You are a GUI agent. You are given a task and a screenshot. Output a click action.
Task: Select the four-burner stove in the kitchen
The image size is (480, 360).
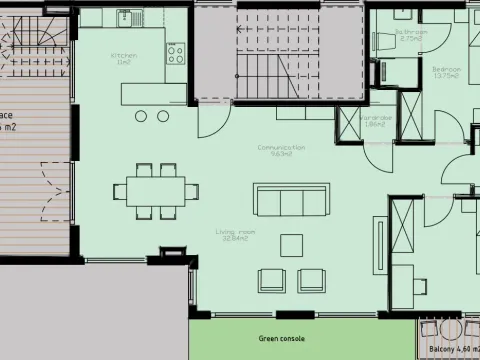[x=175, y=52]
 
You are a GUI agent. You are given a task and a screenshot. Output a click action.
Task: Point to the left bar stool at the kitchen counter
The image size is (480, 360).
[x=141, y=117]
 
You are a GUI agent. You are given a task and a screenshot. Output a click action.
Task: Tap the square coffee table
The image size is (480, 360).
[x=292, y=245]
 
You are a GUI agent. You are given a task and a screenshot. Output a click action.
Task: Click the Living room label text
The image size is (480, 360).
[x=235, y=235]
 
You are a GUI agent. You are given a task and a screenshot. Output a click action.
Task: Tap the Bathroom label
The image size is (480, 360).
[x=411, y=34]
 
